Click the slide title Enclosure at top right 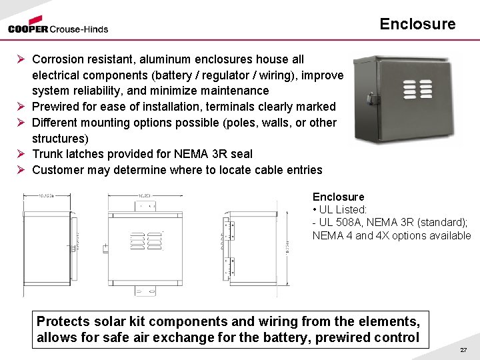[x=417, y=24]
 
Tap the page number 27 [x=464, y=350]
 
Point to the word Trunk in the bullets [x=47, y=154]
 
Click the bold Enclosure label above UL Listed [x=338, y=197]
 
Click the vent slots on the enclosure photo [x=417, y=89]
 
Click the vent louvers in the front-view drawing [x=146, y=240]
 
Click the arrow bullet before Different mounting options [x=22, y=123]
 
